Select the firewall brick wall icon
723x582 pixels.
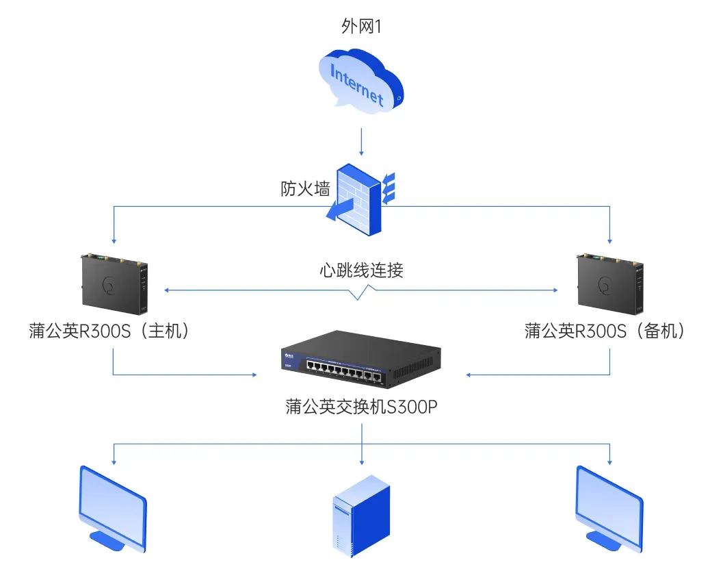363,199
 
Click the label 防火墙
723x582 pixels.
305,189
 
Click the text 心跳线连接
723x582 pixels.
361,270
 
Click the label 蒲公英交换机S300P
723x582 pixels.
361,407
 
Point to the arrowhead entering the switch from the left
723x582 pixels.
253,375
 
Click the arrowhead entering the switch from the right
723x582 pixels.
470,375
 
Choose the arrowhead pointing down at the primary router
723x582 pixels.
114,240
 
